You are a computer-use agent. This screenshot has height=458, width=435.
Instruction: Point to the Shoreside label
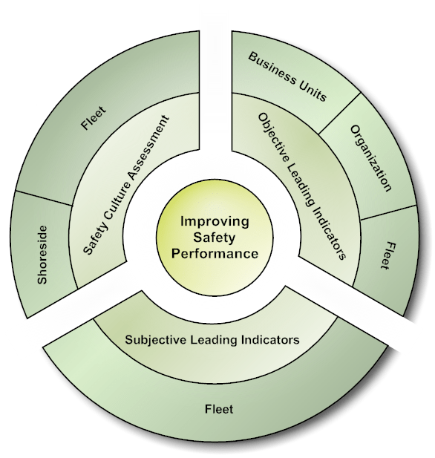click(42, 255)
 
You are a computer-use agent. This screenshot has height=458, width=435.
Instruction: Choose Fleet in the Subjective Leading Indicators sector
click(218, 409)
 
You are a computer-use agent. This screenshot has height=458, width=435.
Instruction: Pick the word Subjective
click(153, 340)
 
